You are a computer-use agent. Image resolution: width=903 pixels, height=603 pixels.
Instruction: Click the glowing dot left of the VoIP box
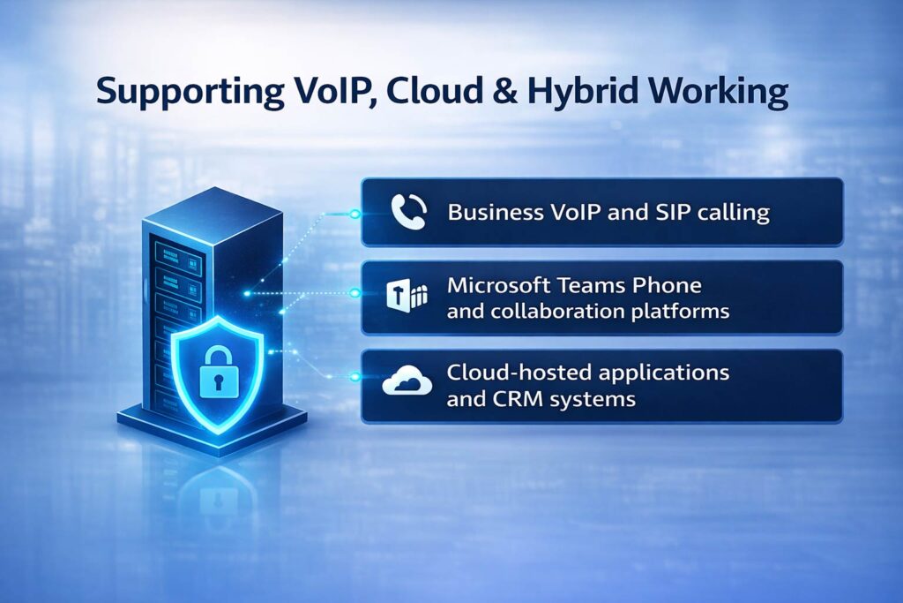point(354,213)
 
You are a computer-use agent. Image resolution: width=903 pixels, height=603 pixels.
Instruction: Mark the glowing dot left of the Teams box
point(354,292)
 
